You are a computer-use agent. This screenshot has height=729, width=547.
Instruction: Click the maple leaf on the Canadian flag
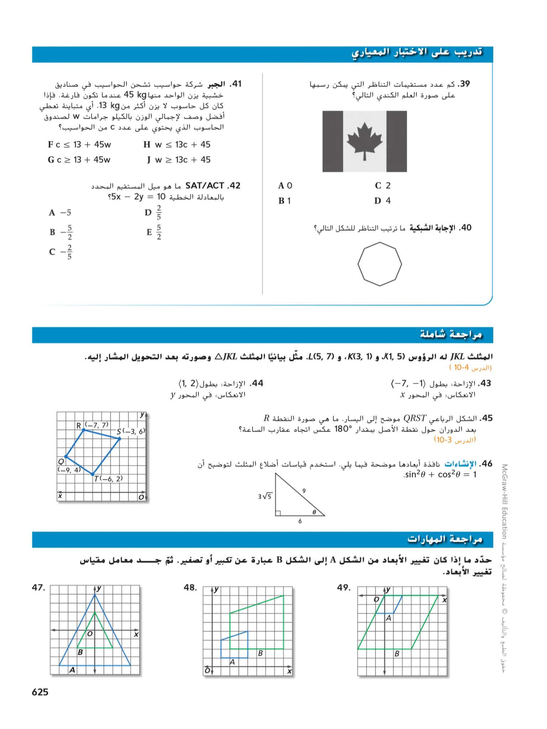pyautogui.click(x=364, y=141)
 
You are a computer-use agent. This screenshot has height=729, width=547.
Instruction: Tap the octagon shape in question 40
pyautogui.click(x=379, y=264)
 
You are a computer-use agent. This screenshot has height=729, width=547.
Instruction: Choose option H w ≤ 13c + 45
pyautogui.click(x=177, y=144)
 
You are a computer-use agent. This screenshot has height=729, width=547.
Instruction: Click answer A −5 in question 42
pyautogui.click(x=60, y=213)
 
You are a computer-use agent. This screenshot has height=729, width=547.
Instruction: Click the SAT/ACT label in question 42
pyautogui.click(x=204, y=186)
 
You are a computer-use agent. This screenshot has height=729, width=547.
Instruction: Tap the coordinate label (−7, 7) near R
pyautogui.click(x=96, y=425)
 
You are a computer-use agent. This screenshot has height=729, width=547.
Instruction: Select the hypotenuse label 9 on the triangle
pyautogui.click(x=304, y=491)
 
